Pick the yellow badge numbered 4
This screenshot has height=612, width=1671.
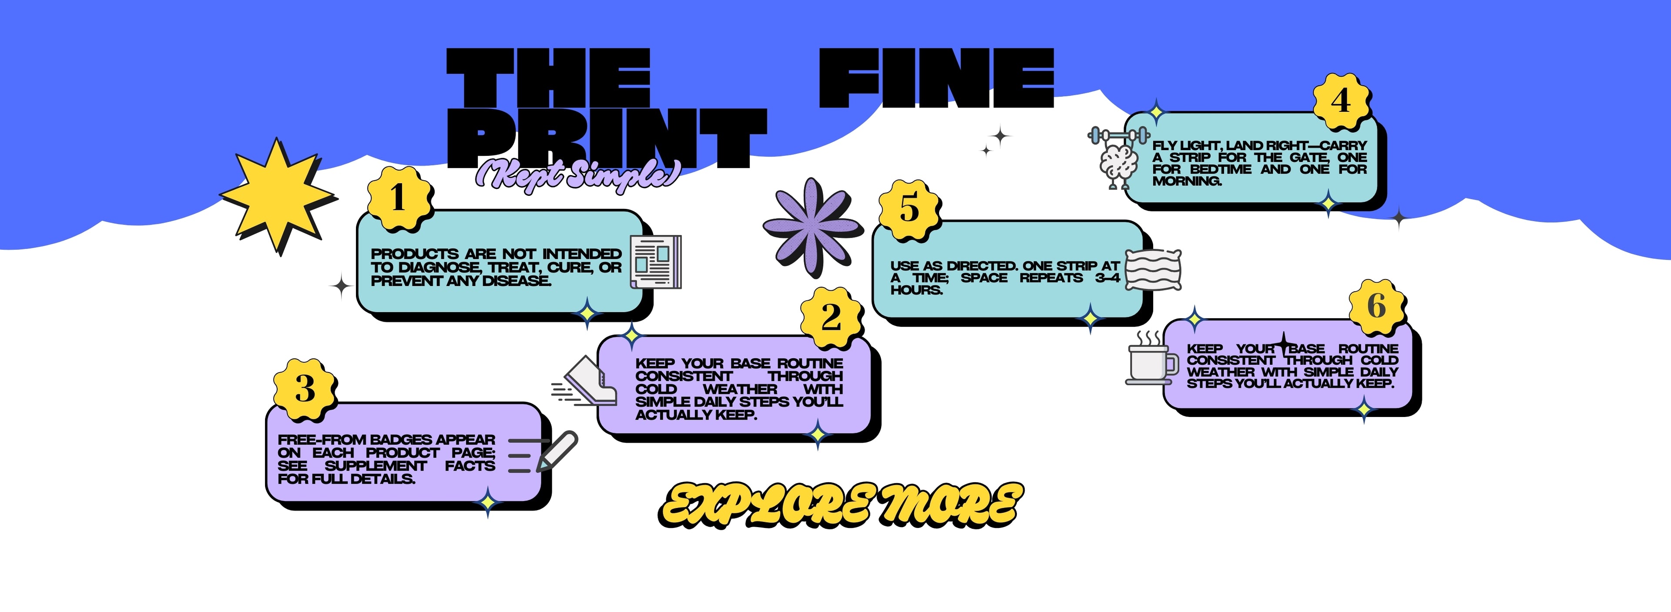[1341, 101]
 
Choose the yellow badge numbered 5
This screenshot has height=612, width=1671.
[909, 209]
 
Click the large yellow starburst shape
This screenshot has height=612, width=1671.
[278, 195]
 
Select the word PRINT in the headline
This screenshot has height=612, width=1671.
[607, 138]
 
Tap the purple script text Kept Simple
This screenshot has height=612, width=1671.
[577, 174]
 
